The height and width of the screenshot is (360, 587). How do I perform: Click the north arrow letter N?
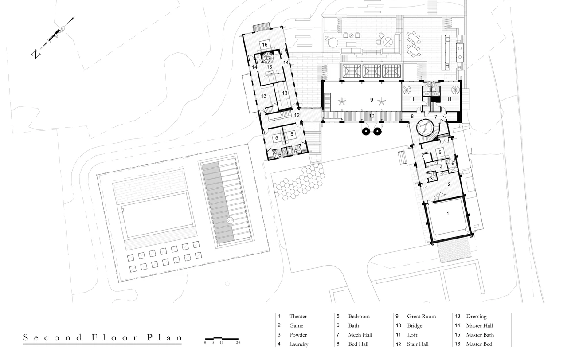35,54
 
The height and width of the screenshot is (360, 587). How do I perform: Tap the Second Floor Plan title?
102,337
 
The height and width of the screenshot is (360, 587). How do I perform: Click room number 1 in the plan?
448,214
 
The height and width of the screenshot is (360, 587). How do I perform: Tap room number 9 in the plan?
372,100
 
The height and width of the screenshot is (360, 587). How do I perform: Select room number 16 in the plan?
265,44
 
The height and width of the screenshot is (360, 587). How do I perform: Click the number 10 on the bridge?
372,116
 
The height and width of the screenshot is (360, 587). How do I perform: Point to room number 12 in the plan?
297,115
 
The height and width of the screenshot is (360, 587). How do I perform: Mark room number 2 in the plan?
449,184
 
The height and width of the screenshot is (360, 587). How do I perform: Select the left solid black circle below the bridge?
366,132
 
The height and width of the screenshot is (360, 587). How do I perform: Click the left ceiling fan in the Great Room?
342,102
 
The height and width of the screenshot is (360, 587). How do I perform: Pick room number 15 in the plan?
270,67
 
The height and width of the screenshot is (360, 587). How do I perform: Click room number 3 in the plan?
431,179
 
